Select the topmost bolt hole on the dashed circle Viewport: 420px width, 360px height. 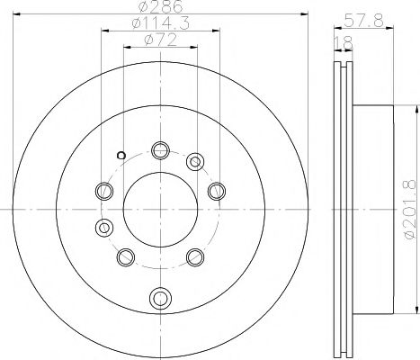pyautogui.click(x=160, y=149)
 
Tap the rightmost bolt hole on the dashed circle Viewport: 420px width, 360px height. pyautogui.click(x=215, y=191)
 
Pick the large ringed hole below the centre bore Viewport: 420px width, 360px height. pyautogui.click(x=160, y=296)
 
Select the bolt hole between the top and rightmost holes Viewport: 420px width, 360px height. pyautogui.click(x=195, y=163)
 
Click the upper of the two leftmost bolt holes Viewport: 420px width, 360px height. pyautogui.click(x=104, y=191)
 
